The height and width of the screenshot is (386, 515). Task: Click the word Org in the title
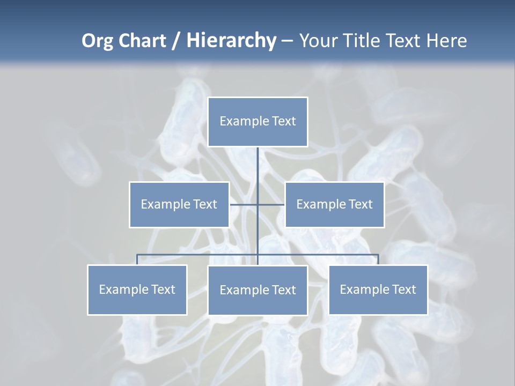98,41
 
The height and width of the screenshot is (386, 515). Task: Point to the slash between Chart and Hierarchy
176,41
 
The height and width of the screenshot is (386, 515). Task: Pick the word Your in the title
319,41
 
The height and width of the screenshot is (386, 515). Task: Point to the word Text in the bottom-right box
404,289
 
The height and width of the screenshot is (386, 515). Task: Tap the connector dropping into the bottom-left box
137,259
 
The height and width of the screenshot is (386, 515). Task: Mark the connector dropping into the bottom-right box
378,259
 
